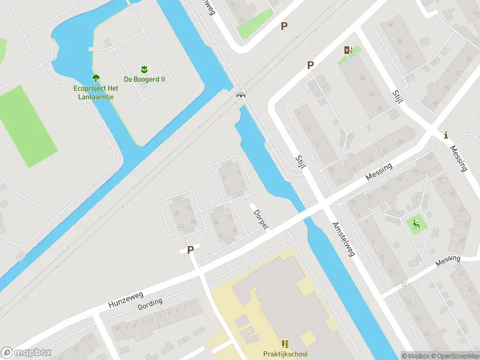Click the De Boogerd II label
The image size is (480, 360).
pos(144,79)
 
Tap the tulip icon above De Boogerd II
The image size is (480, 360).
pos(144,69)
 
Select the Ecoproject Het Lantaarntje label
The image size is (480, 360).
pos(96,92)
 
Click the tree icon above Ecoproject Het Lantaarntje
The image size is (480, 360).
pos(95,78)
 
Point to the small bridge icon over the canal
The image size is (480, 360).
pos(241,94)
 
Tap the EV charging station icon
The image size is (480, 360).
pos(347,50)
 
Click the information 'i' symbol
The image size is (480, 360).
pos(445,135)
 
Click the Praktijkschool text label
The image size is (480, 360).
pos(285,354)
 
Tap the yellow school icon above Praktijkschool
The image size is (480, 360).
pos(285,344)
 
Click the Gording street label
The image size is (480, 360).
pos(150,304)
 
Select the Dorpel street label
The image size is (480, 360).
pos(260,219)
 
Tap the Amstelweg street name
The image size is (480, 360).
pos(344,238)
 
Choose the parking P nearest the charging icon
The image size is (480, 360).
pos(310,65)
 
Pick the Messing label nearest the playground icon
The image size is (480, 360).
pos(448,260)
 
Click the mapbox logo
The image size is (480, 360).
pos(26,352)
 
